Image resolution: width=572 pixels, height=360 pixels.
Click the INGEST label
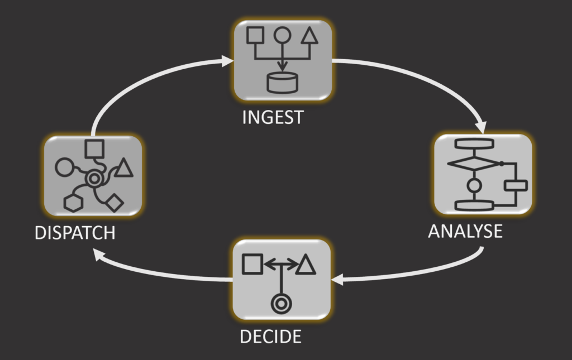tap(273, 118)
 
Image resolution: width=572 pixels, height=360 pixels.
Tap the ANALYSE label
tap(465, 231)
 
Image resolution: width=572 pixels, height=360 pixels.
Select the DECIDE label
tap(270, 337)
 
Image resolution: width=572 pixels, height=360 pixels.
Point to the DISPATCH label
tap(75, 232)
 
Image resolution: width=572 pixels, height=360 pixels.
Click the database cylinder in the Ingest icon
tap(283, 83)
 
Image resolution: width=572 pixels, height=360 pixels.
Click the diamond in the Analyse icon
tap(474, 164)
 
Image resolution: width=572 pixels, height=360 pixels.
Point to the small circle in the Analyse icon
tap(474, 185)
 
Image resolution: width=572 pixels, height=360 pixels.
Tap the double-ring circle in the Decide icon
tap(279, 304)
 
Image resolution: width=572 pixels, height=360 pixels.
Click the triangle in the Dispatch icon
tap(123, 167)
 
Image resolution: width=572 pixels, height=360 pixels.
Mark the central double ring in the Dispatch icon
tap(94, 179)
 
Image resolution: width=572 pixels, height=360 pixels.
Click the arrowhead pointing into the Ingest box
tap(227, 60)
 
